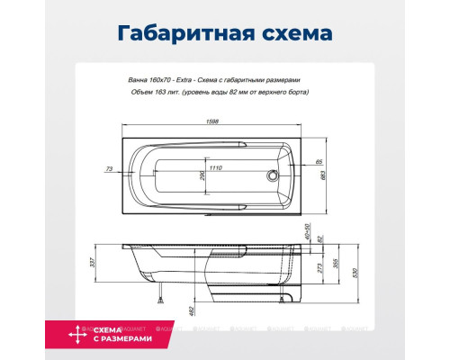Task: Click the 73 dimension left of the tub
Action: click(x=110, y=168)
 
